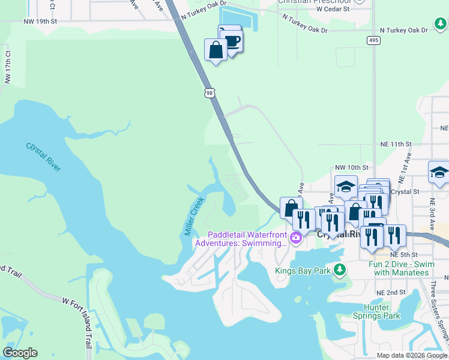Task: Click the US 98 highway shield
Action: (209, 93)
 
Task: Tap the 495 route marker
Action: (373, 40)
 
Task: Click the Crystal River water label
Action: (43, 157)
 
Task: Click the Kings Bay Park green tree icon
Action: (340, 269)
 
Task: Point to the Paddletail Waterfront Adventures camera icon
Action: (295, 239)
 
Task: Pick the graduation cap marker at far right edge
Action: (439, 172)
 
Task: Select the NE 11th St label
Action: (396, 145)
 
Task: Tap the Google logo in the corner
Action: (20, 353)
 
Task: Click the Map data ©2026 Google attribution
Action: (412, 355)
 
